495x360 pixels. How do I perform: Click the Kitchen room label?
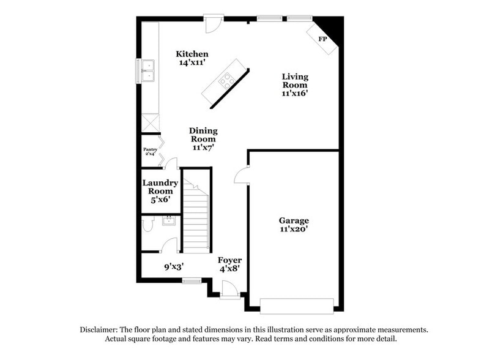192,54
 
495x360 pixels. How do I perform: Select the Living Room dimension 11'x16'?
294,94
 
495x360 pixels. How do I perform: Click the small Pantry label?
150,149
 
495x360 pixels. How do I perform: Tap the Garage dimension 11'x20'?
294,229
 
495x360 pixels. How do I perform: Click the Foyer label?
229,260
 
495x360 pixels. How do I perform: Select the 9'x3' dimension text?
174,266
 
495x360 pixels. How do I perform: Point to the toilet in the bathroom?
147,225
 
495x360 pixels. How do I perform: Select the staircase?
197,220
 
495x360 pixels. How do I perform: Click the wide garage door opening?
297,304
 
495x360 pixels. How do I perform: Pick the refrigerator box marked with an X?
150,122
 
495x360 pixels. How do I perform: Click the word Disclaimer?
99,329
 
